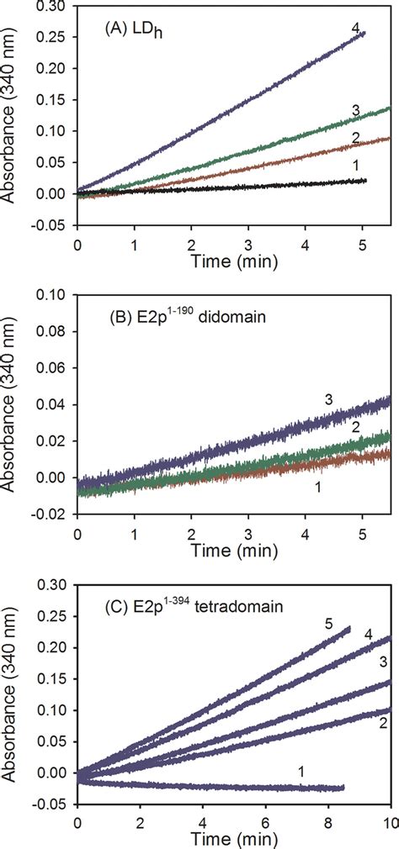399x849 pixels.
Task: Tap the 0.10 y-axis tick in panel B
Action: pos(54,295)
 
